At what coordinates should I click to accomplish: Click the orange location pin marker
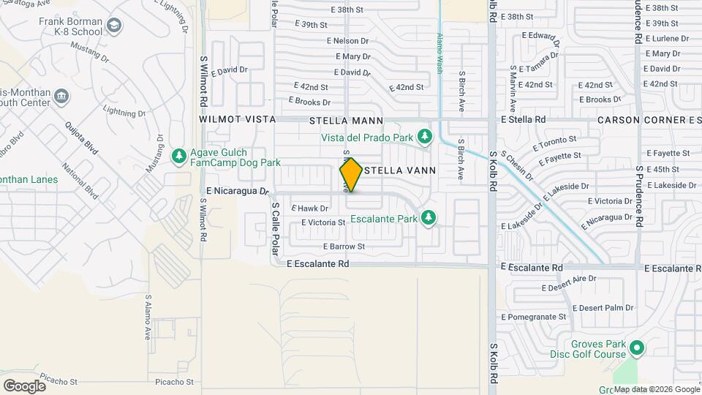click(x=351, y=175)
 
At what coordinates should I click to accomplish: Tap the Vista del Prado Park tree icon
click(x=424, y=136)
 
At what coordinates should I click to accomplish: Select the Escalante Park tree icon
click(x=429, y=218)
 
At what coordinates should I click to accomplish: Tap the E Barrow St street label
click(x=343, y=247)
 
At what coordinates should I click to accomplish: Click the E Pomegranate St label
click(x=534, y=317)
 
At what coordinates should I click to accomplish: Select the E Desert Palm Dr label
click(x=603, y=308)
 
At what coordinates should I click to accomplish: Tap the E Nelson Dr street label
click(x=347, y=41)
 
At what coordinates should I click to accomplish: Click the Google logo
click(x=24, y=385)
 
